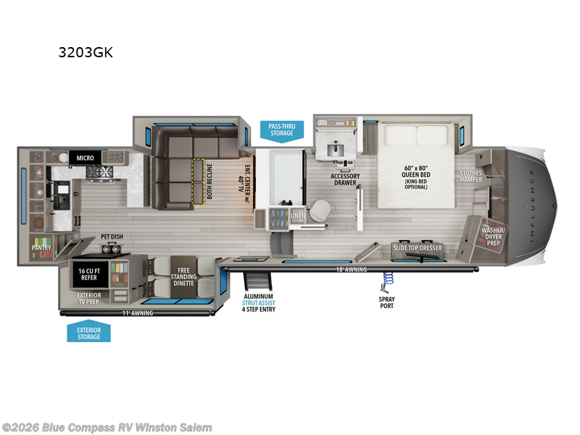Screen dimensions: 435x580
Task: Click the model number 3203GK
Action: tap(86, 52)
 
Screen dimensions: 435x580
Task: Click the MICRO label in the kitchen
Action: tap(78, 157)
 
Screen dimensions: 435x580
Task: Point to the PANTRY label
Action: tap(41, 247)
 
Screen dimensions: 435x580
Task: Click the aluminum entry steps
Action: tap(256, 283)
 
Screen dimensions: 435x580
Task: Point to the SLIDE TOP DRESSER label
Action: tap(416, 248)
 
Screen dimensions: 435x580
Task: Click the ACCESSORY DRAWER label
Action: tap(345, 179)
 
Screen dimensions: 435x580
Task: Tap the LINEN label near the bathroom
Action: tap(297, 217)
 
